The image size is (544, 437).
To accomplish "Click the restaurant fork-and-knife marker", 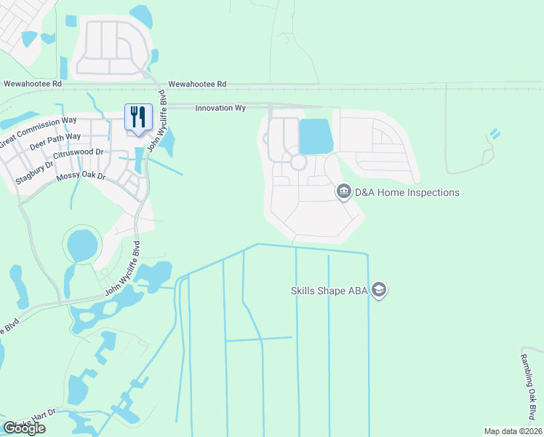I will point(137,117).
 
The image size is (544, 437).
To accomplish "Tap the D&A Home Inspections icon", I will point(344,192).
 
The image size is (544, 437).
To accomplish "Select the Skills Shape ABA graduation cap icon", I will point(378,291).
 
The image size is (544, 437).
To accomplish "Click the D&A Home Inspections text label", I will point(407,192).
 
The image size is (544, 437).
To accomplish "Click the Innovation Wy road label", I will point(220,108).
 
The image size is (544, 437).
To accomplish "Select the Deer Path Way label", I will point(55,141).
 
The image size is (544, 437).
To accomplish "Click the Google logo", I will point(24,428).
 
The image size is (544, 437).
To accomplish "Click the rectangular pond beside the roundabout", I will point(316,137).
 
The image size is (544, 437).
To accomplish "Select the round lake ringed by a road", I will point(82,245).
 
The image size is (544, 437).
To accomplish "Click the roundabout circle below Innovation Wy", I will point(298,162).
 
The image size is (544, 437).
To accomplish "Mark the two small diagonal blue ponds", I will point(495,134).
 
